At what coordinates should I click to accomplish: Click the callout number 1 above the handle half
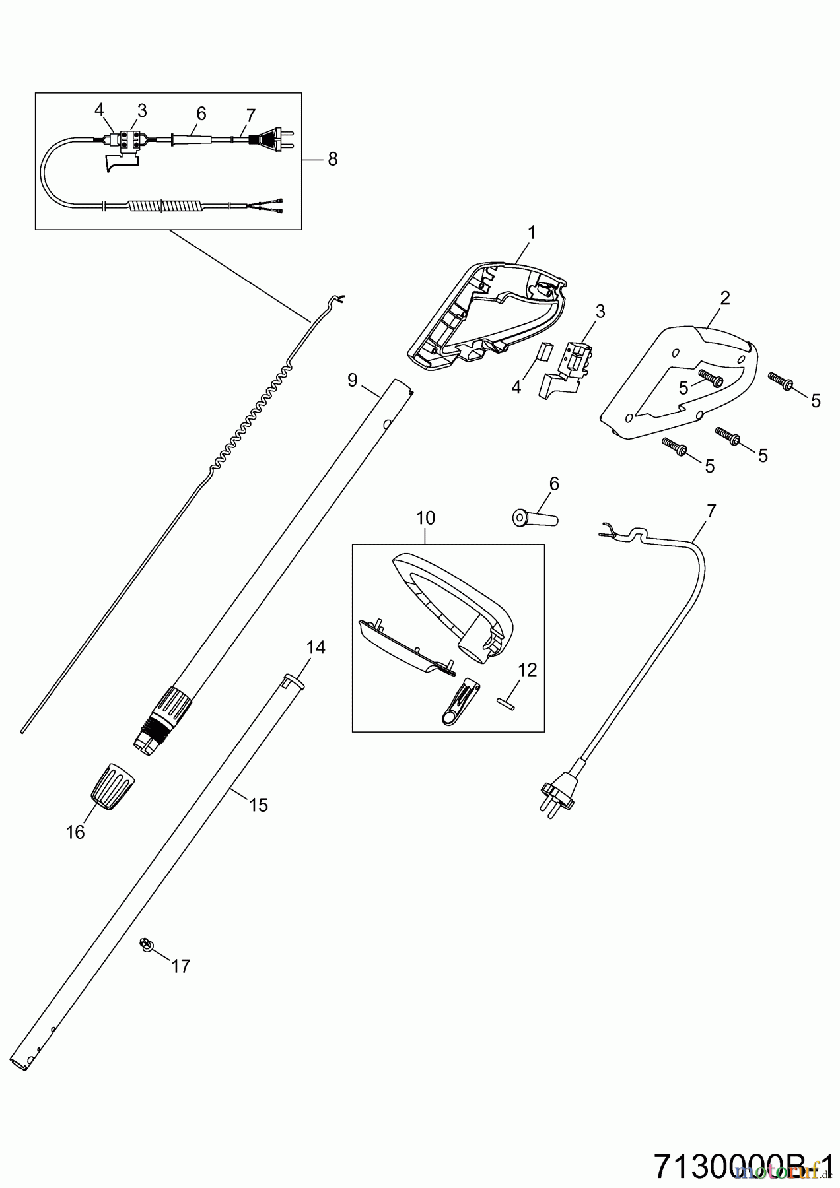tap(532, 233)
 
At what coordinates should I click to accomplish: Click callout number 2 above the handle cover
tap(725, 298)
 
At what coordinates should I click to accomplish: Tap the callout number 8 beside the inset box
tap(332, 159)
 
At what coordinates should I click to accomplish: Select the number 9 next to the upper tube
tap(352, 379)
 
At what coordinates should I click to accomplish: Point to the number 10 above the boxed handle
tap(426, 518)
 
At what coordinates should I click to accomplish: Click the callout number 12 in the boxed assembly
tap(528, 670)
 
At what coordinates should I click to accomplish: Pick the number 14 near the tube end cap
tap(316, 647)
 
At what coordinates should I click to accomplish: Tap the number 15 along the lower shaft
tap(258, 805)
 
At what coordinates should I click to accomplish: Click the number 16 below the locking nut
tap(75, 832)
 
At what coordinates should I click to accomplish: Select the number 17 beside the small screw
tap(180, 966)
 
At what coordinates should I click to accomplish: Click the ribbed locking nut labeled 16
tap(112, 785)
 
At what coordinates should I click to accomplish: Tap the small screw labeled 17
tap(145, 945)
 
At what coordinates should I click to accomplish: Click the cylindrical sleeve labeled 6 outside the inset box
tap(535, 517)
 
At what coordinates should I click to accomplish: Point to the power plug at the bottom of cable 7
tap(557, 795)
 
